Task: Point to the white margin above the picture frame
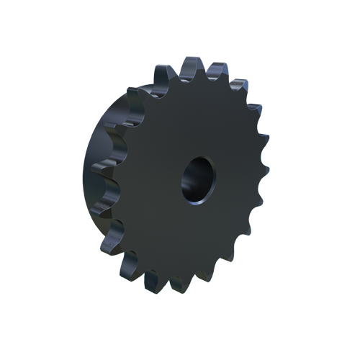[180, 29]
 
